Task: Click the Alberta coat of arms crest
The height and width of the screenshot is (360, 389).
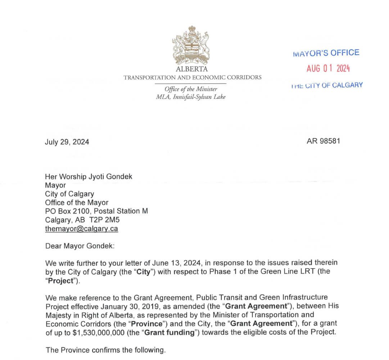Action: (192, 45)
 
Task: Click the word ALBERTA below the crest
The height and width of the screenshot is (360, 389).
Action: (192, 69)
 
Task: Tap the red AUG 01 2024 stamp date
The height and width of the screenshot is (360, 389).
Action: (328, 68)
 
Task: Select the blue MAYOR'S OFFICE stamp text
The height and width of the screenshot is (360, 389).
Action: (326, 53)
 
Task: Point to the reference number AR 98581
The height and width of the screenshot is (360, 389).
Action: (324, 141)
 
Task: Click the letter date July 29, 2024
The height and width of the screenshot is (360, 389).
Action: (67, 142)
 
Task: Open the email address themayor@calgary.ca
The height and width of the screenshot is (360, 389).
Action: (82, 228)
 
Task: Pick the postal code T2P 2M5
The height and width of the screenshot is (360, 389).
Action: (107, 220)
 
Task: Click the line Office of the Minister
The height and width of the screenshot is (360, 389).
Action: (191, 89)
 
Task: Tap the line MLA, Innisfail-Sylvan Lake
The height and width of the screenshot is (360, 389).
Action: (191, 96)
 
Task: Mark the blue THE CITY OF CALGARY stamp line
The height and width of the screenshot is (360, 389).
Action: (326, 85)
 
